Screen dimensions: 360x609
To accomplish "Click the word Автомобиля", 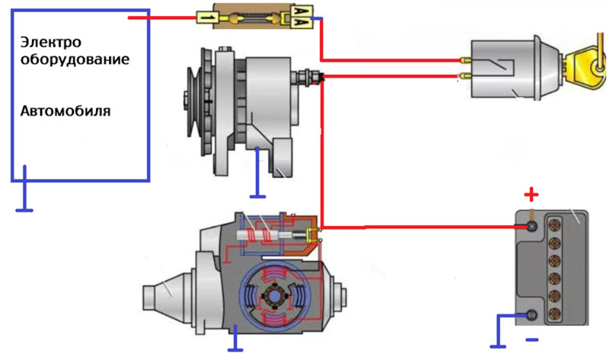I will pos(65,111).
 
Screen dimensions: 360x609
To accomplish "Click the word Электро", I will pos(52,41).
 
